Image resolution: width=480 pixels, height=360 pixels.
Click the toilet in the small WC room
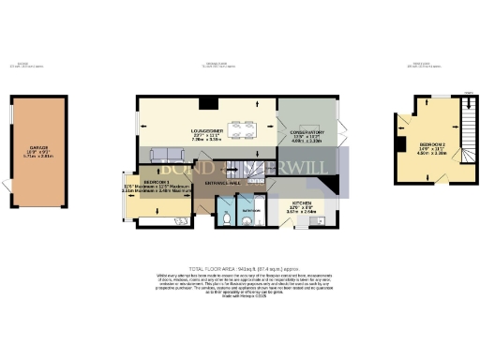[230, 219]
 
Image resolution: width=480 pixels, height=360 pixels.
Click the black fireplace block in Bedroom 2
[404, 133]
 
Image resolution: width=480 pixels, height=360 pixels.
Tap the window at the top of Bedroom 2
[430, 97]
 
